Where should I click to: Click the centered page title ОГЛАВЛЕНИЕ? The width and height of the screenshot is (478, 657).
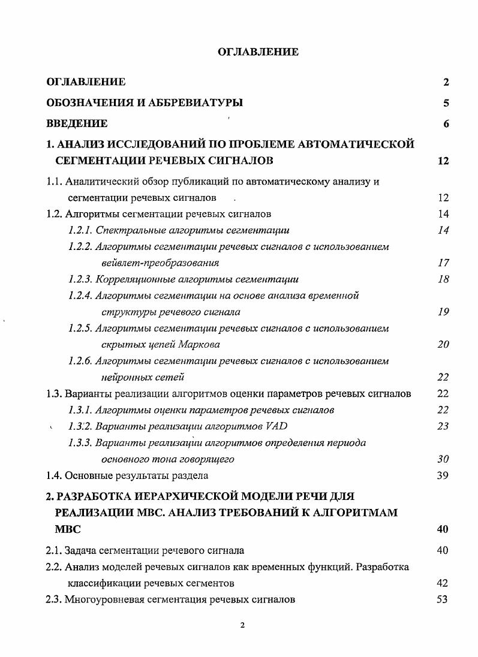tap(257, 52)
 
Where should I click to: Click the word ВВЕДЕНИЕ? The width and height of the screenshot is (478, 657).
tap(77, 123)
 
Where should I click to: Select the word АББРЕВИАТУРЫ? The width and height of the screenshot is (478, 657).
tap(194, 103)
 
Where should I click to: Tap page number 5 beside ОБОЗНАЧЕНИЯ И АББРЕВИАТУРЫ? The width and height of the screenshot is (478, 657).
tap(446, 103)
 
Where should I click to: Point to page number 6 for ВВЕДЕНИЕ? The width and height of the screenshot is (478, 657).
tap(446, 124)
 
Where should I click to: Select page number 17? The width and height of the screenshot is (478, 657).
tap(443, 263)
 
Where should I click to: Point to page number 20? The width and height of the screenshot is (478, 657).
tap(443, 345)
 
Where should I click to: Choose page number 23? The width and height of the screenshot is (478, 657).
tap(443, 426)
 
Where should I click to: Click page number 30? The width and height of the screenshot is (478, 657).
tap(443, 459)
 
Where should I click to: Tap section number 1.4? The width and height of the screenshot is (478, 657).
tap(54, 475)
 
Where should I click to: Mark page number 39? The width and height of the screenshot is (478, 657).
tap(443, 475)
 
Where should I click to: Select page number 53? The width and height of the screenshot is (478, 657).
tap(443, 599)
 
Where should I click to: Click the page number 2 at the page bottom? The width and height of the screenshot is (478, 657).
tap(242, 626)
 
